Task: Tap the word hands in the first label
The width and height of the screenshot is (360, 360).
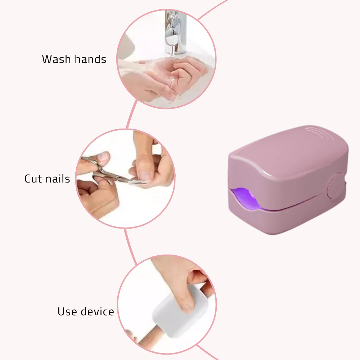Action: coord(90,59)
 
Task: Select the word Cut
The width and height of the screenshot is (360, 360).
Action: coord(34,179)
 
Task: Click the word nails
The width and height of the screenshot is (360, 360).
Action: coord(58,179)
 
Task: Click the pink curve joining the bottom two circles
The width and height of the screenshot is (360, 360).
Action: coord(130,247)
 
